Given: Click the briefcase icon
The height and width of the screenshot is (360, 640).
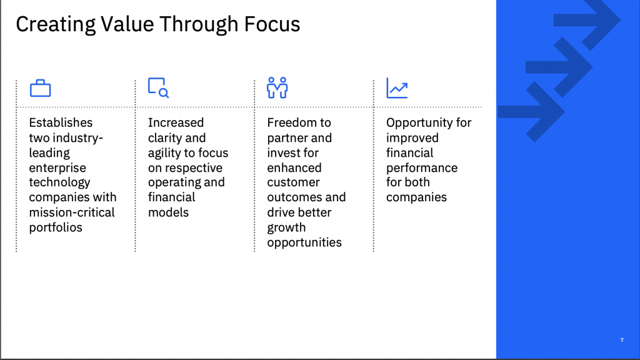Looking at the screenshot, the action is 41,88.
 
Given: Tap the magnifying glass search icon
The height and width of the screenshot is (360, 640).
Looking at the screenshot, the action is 158,87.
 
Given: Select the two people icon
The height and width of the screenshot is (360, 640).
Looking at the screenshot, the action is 277,87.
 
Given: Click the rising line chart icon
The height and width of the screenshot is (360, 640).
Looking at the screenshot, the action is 397,87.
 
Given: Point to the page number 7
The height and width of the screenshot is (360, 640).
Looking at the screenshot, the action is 622,340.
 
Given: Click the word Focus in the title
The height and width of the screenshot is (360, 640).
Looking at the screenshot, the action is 272,24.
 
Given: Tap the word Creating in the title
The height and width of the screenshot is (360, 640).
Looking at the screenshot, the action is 56,24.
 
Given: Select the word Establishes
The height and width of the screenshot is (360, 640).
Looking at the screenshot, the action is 61,122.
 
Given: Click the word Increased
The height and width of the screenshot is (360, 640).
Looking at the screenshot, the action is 176,122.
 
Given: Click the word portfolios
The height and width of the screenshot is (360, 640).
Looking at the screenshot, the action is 56,227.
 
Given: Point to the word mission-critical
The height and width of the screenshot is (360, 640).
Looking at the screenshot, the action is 72,212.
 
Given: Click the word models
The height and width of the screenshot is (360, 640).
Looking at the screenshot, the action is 168,212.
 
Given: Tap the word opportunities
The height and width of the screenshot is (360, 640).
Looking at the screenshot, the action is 304,243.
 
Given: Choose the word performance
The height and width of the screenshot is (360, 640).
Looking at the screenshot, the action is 422,168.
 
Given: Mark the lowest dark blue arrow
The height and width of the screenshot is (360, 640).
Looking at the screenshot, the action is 532,111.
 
